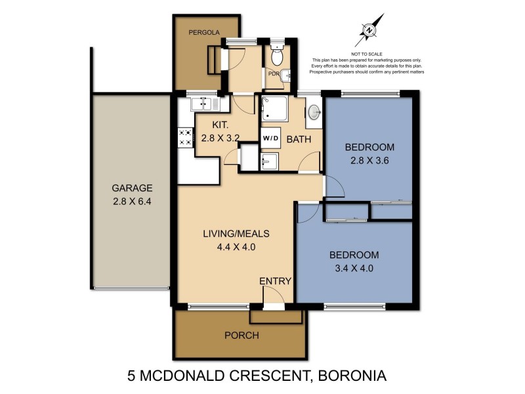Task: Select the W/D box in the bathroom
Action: pyautogui.click(x=270, y=139)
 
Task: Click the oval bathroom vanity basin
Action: pyautogui.click(x=314, y=112)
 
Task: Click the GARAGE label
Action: pyautogui.click(x=131, y=186)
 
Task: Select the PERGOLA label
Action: pyautogui.click(x=203, y=32)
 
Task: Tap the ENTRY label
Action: pyautogui.click(x=275, y=281)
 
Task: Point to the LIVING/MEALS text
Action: pyautogui.click(x=236, y=233)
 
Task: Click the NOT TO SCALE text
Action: pyautogui.click(x=367, y=53)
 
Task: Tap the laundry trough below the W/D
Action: pyautogui.click(x=269, y=162)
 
